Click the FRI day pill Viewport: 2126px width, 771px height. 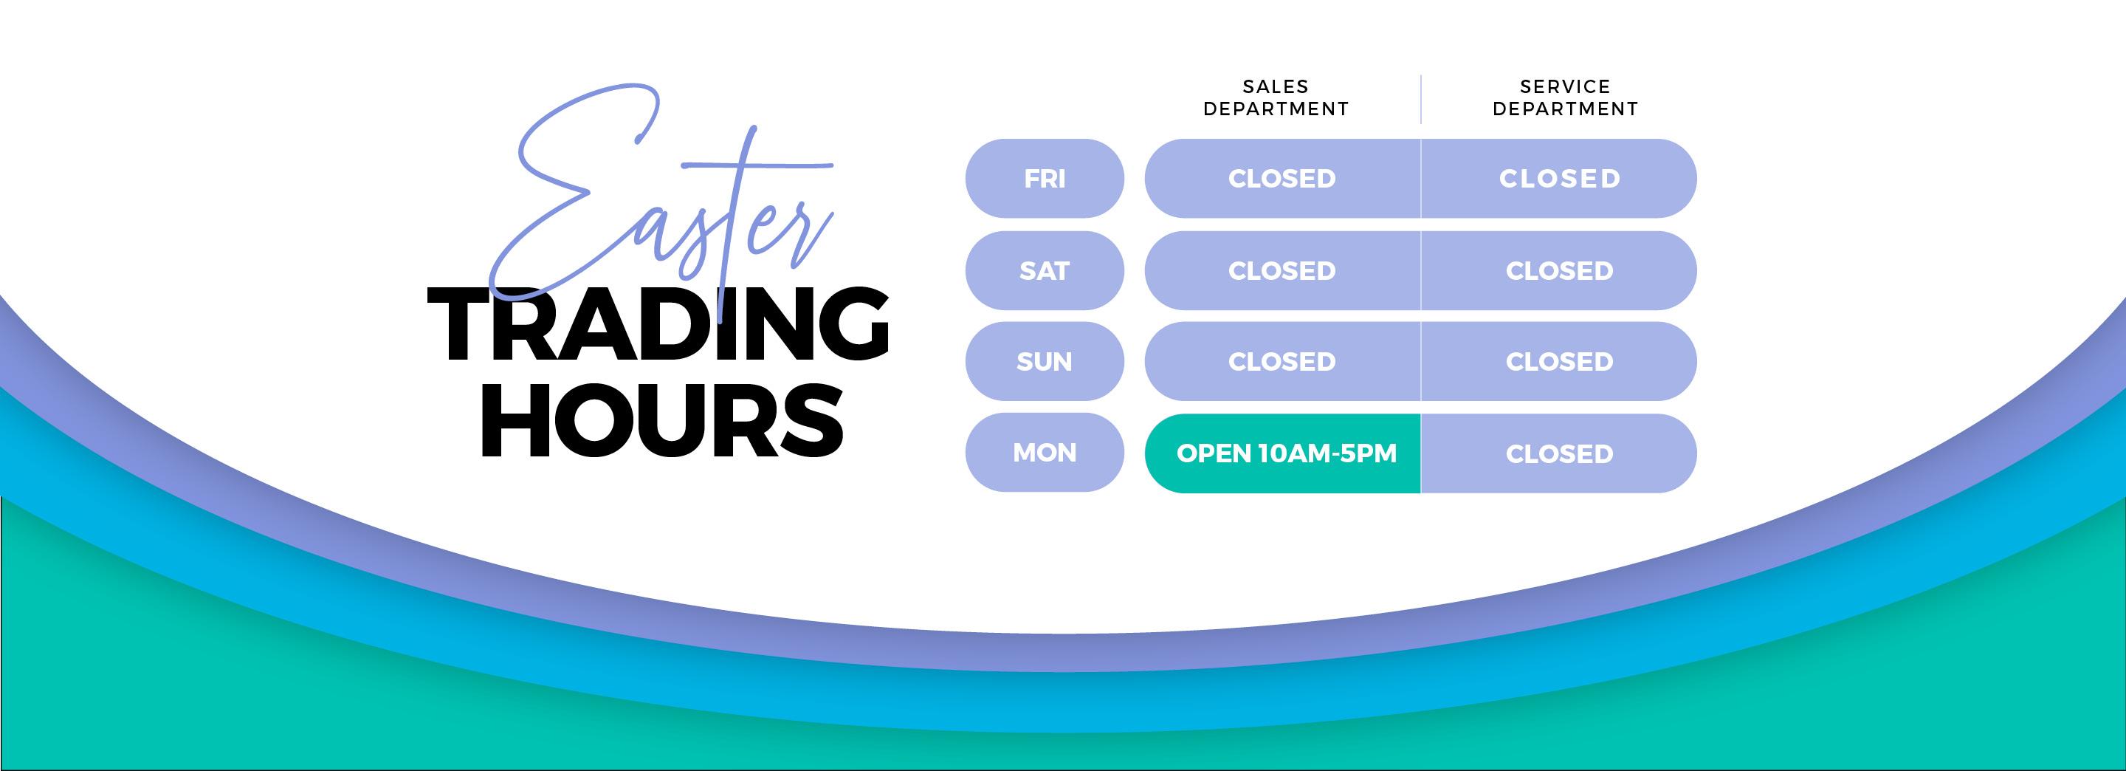coord(1044,178)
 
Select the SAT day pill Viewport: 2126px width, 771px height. coord(1044,271)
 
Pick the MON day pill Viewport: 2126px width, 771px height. coord(1044,453)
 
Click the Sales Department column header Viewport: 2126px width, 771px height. coord(1276,97)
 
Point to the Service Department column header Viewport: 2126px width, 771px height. coord(1566,97)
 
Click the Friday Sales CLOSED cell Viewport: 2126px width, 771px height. coord(1282,178)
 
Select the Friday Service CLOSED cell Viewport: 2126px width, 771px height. coord(1559,178)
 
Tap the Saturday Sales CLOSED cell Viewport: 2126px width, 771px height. coord(1282,271)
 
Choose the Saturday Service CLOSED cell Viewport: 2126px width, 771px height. coord(1559,271)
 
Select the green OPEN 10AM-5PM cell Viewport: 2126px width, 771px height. coord(1282,453)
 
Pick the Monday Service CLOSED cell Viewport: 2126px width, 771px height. coord(1559,453)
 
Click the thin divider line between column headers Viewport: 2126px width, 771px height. coord(1420,99)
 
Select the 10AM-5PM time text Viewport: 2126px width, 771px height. coord(1328,453)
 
